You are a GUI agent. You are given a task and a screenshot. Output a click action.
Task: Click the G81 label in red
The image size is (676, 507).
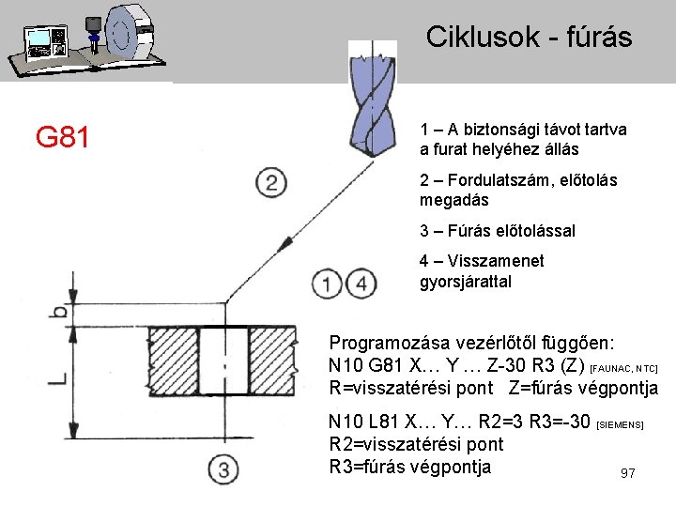63,139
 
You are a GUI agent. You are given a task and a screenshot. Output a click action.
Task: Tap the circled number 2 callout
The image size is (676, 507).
270,182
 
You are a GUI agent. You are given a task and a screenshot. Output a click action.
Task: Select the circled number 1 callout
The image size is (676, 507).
327,283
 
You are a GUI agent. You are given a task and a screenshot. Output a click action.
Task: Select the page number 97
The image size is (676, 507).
628,473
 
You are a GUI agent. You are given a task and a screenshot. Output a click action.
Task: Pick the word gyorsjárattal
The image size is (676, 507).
466,281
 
